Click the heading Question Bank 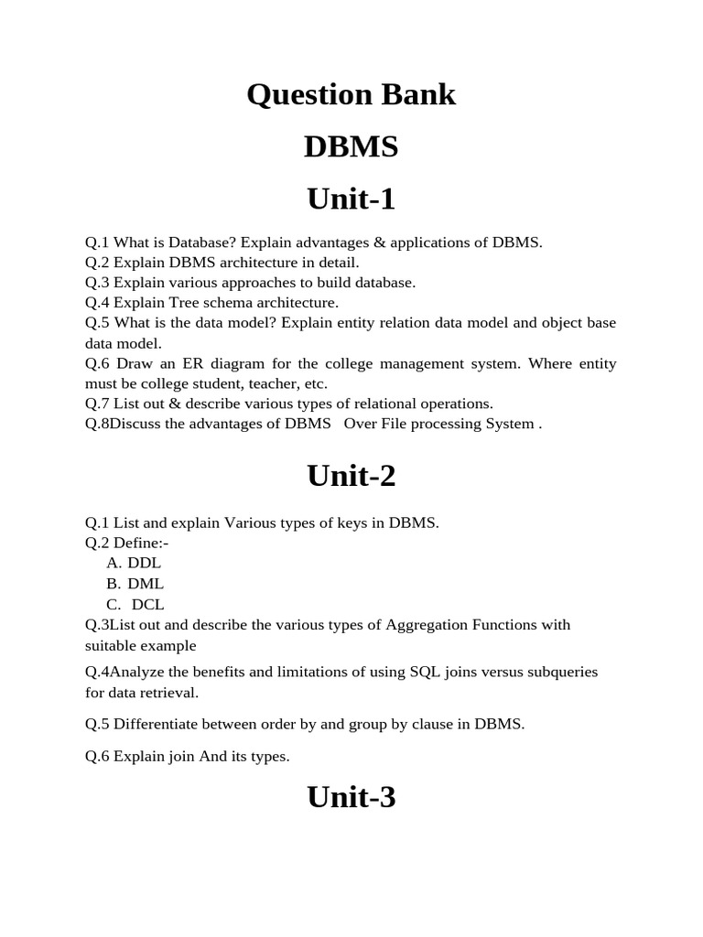click(351, 94)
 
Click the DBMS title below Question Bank click(351, 146)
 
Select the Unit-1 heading click(351, 199)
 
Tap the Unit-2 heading click(351, 476)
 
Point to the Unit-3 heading click(351, 797)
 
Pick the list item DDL click(144, 563)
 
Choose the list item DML click(146, 584)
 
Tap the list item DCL click(147, 605)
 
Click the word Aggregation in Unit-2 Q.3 click(426, 625)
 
